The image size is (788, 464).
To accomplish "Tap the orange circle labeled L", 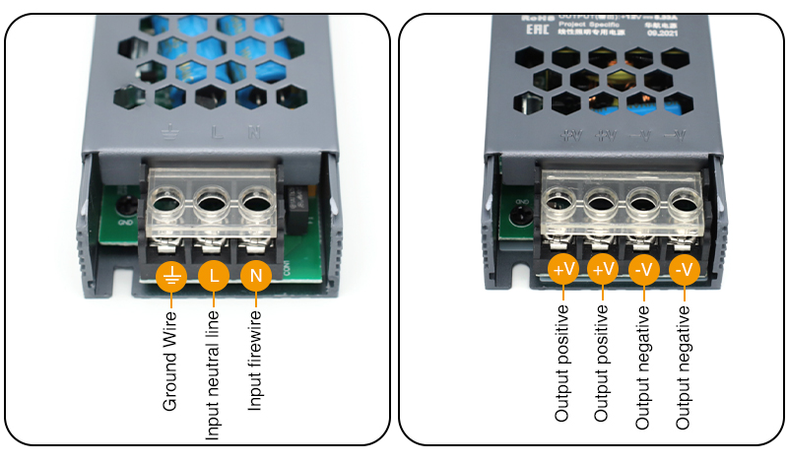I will point(213,277).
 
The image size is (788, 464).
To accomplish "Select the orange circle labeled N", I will point(256,277).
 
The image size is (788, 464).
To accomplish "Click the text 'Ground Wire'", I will point(170,361).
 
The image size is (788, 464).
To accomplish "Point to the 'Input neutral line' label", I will point(213,375).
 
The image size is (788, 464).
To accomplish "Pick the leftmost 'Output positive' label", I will point(562,364).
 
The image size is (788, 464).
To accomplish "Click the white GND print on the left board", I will point(124,224).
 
